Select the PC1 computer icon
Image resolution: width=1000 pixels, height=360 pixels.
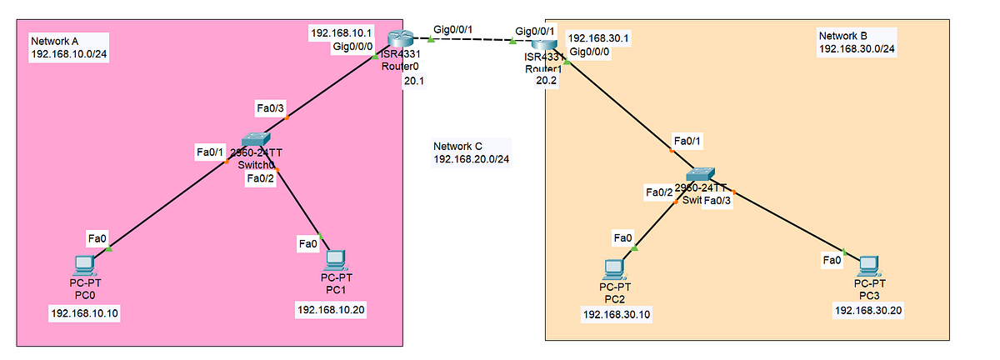pyautogui.click(x=335, y=260)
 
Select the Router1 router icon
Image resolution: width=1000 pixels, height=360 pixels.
pyautogui.click(x=545, y=47)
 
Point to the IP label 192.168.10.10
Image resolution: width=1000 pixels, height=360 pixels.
pyautogui.click(x=85, y=313)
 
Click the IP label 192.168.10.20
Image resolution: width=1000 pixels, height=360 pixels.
pyautogui.click(x=332, y=309)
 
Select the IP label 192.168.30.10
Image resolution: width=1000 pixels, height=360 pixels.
pyautogui.click(x=617, y=314)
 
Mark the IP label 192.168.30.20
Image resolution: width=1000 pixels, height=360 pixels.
pyautogui.click(x=868, y=310)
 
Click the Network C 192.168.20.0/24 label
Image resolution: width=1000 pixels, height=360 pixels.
pyautogui.click(x=471, y=152)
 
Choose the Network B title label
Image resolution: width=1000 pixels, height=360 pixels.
pyautogui.click(x=856, y=42)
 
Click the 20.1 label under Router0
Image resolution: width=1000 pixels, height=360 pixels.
pyautogui.click(x=414, y=81)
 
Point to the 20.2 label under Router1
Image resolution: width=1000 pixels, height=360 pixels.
pyautogui.click(x=546, y=82)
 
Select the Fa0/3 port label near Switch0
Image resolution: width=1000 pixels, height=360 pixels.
pyautogui.click(x=272, y=107)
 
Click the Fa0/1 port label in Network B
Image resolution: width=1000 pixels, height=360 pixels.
pyautogui.click(x=688, y=140)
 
